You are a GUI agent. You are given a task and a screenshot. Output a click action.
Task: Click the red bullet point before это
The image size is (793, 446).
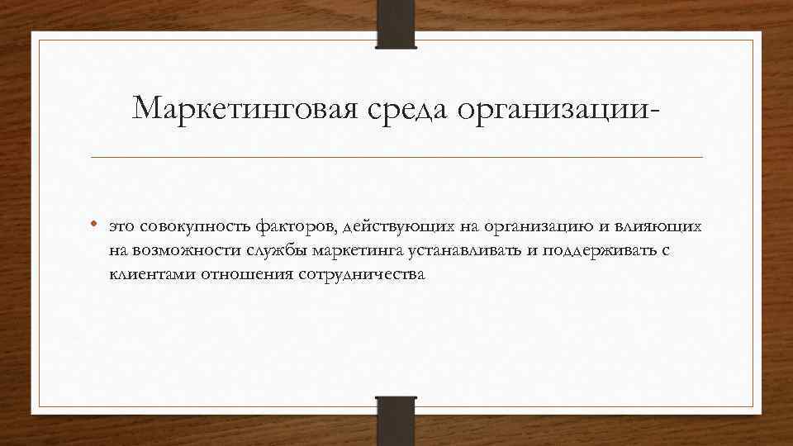pos(97,224)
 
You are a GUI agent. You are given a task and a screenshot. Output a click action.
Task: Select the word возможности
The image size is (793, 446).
pos(175,250)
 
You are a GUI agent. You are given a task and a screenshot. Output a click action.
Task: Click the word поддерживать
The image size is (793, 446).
pos(595,251)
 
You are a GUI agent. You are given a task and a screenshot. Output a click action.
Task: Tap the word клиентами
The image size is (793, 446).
pos(142,275)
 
